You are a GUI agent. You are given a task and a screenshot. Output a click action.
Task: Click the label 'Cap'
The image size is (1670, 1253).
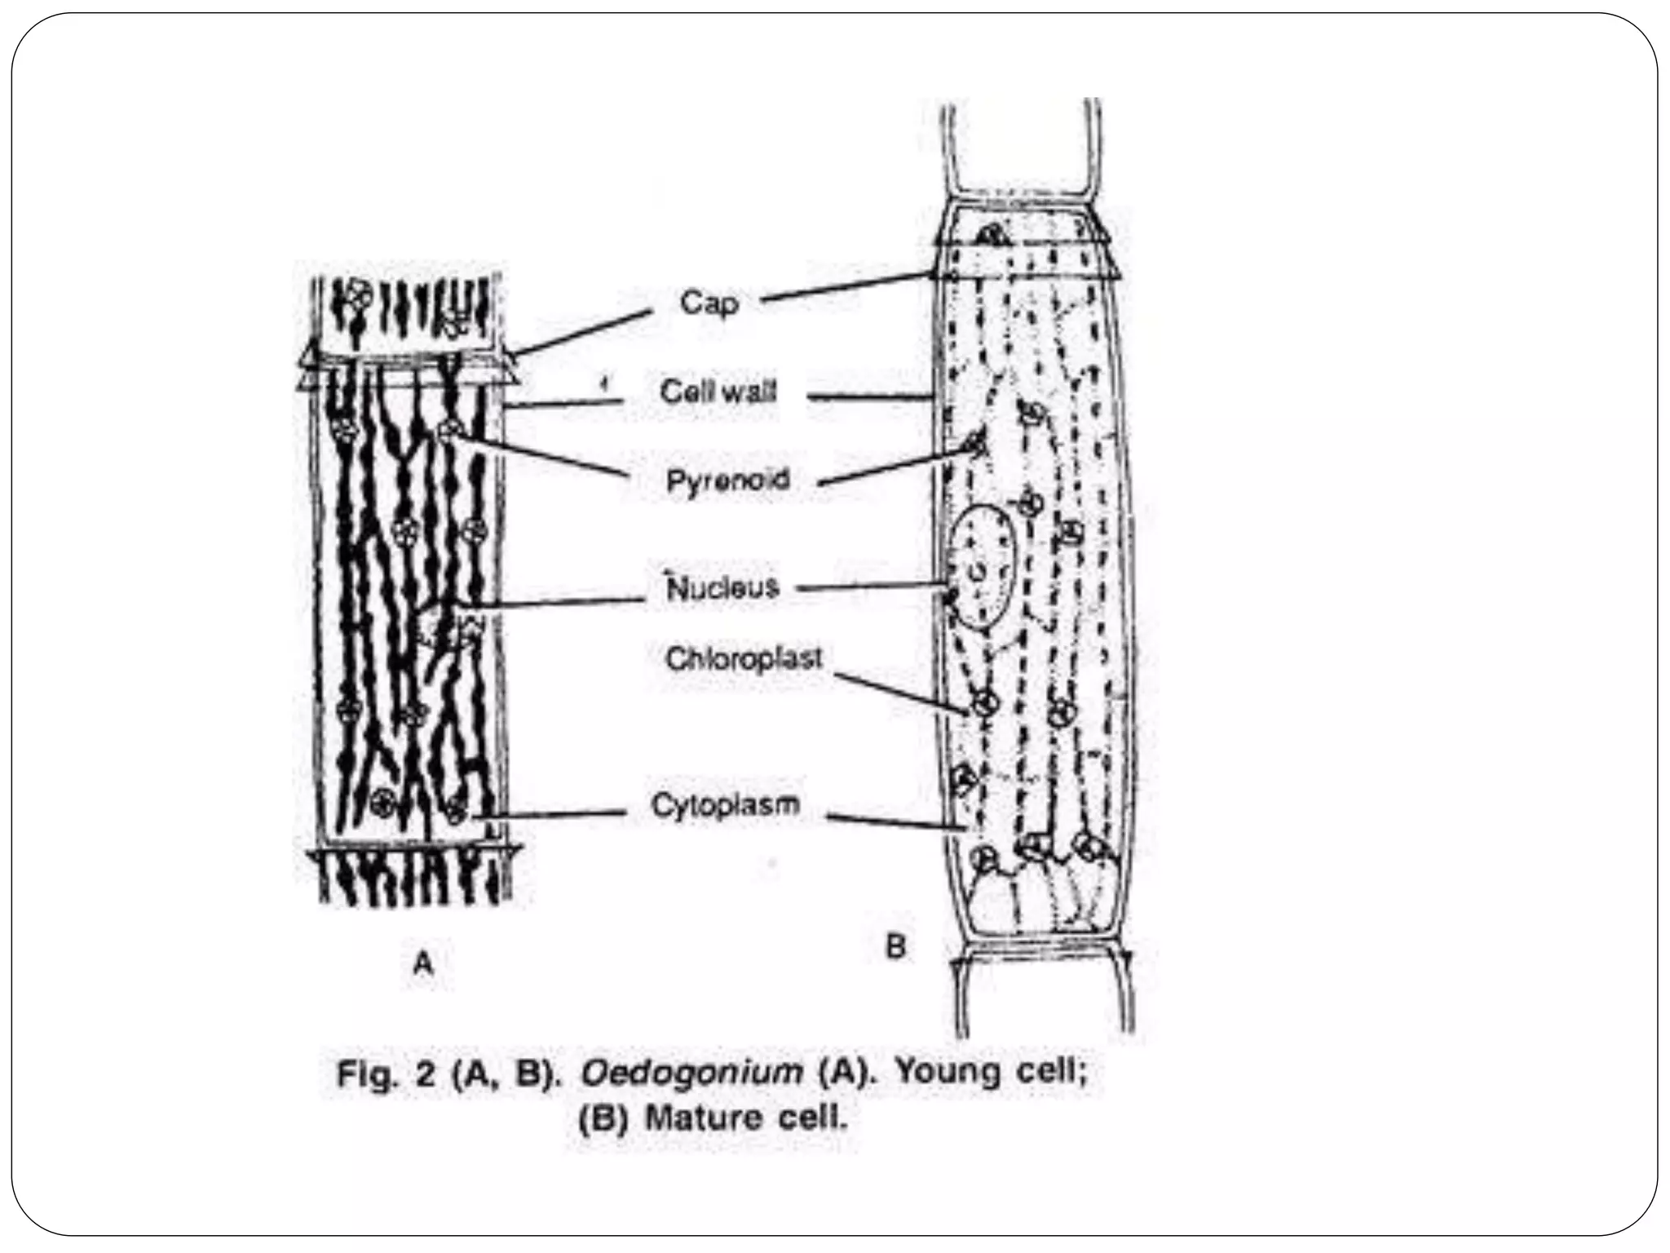tap(709, 303)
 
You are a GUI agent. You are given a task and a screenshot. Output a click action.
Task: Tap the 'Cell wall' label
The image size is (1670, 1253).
tap(718, 392)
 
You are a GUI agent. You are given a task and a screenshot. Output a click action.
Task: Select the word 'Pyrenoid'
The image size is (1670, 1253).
tap(727, 480)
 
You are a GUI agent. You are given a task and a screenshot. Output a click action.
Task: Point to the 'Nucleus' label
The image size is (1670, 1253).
tap(723, 587)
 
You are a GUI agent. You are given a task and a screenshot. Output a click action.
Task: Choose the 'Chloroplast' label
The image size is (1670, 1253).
tap(744, 658)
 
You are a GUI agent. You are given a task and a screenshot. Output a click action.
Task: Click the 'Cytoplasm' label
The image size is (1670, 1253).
tap(725, 805)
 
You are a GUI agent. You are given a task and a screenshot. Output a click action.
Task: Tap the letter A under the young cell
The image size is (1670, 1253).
tap(423, 963)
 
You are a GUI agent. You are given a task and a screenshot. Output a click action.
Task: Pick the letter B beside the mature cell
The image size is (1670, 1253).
tap(895, 947)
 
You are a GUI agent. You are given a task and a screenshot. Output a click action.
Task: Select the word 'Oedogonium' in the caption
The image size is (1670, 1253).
tap(691, 1072)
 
